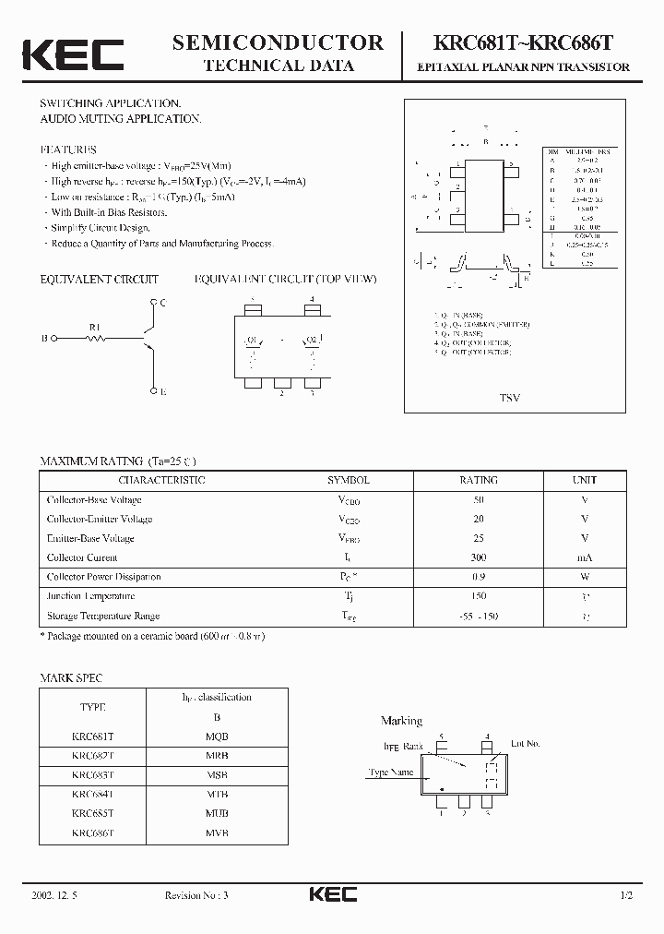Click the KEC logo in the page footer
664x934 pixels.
[332, 894]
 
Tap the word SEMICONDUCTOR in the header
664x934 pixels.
[278, 42]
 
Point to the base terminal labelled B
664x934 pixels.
[45, 339]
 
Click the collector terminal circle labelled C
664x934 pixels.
[153, 303]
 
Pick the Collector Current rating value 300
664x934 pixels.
[478, 557]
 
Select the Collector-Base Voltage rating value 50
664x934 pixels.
[478, 499]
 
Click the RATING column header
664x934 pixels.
[478, 480]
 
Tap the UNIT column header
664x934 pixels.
[584, 480]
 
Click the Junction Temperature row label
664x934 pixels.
[91, 596]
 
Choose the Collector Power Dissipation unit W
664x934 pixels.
[584, 577]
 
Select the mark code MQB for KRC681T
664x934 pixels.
[217, 736]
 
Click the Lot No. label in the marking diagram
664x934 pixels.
[525, 743]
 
